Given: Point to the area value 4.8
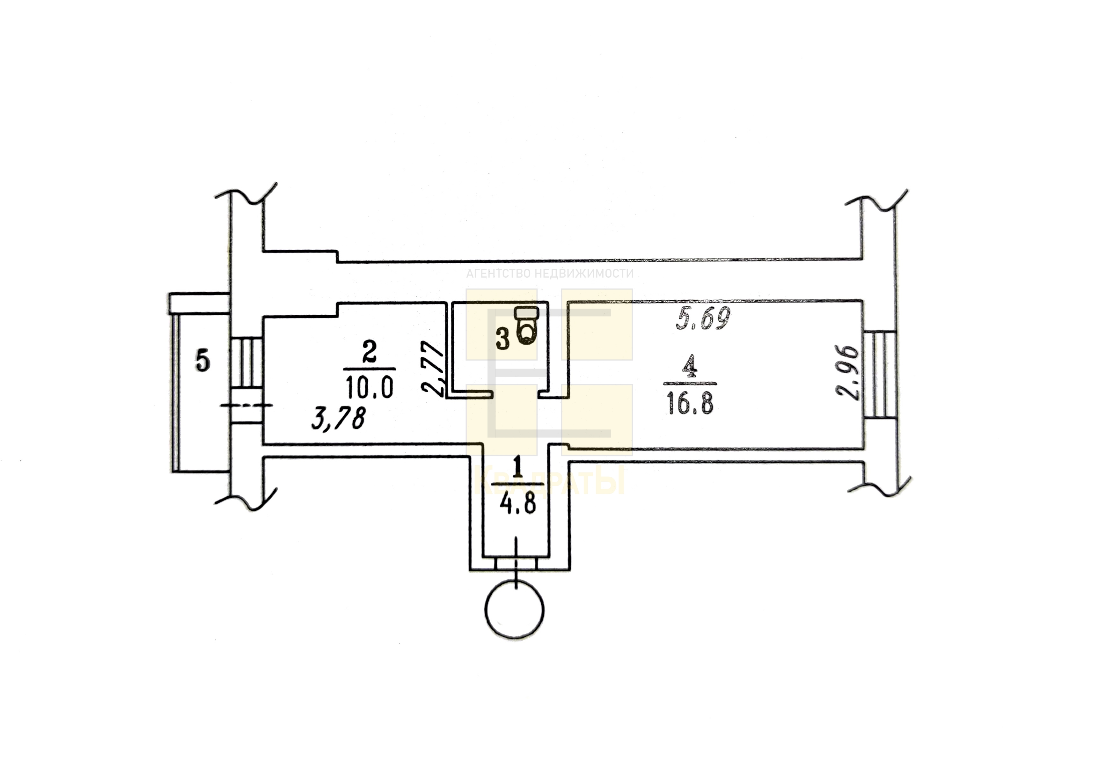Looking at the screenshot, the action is (517, 505).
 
